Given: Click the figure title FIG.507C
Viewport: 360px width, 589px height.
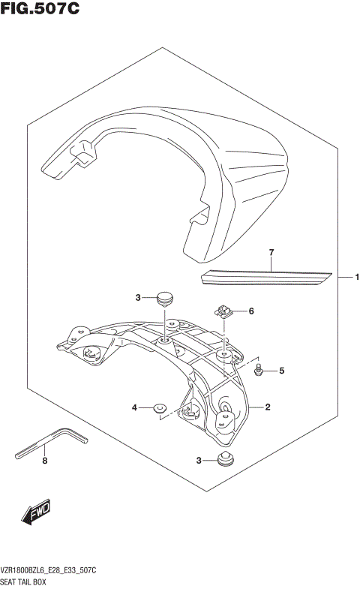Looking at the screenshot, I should [40, 10].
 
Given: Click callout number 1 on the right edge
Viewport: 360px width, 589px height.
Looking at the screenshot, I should [357, 278].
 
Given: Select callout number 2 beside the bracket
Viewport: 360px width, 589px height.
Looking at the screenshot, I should [268, 407].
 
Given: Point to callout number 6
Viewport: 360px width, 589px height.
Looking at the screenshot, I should [252, 311].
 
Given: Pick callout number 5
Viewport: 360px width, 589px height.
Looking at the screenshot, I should [282, 370].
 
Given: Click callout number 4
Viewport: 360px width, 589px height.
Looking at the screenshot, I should [135, 407].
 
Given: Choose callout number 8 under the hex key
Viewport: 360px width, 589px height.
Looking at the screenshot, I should [44, 461].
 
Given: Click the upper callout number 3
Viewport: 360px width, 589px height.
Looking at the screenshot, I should [138, 298].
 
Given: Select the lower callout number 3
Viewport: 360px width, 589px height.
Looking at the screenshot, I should [199, 460].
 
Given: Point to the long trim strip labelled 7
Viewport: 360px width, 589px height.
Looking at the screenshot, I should [266, 278].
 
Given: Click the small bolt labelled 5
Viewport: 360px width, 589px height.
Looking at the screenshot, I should [257, 369].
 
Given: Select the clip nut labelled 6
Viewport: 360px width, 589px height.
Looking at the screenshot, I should [224, 310].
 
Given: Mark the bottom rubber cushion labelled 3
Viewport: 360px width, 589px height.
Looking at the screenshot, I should [223, 458].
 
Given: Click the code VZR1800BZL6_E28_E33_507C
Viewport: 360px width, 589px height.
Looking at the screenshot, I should [57, 572].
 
